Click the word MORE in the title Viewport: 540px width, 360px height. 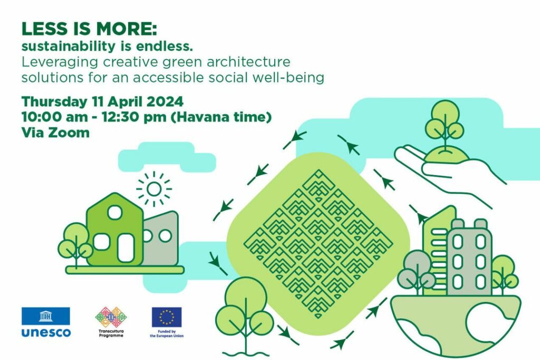[126, 29]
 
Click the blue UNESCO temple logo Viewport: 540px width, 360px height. [46, 316]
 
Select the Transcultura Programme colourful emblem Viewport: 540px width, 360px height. [111, 317]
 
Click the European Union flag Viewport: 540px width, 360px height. [167, 317]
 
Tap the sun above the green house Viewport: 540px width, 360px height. [153, 189]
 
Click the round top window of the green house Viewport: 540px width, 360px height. [114, 212]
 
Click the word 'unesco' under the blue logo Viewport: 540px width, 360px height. [46, 333]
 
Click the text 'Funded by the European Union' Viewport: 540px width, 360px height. [167, 334]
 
